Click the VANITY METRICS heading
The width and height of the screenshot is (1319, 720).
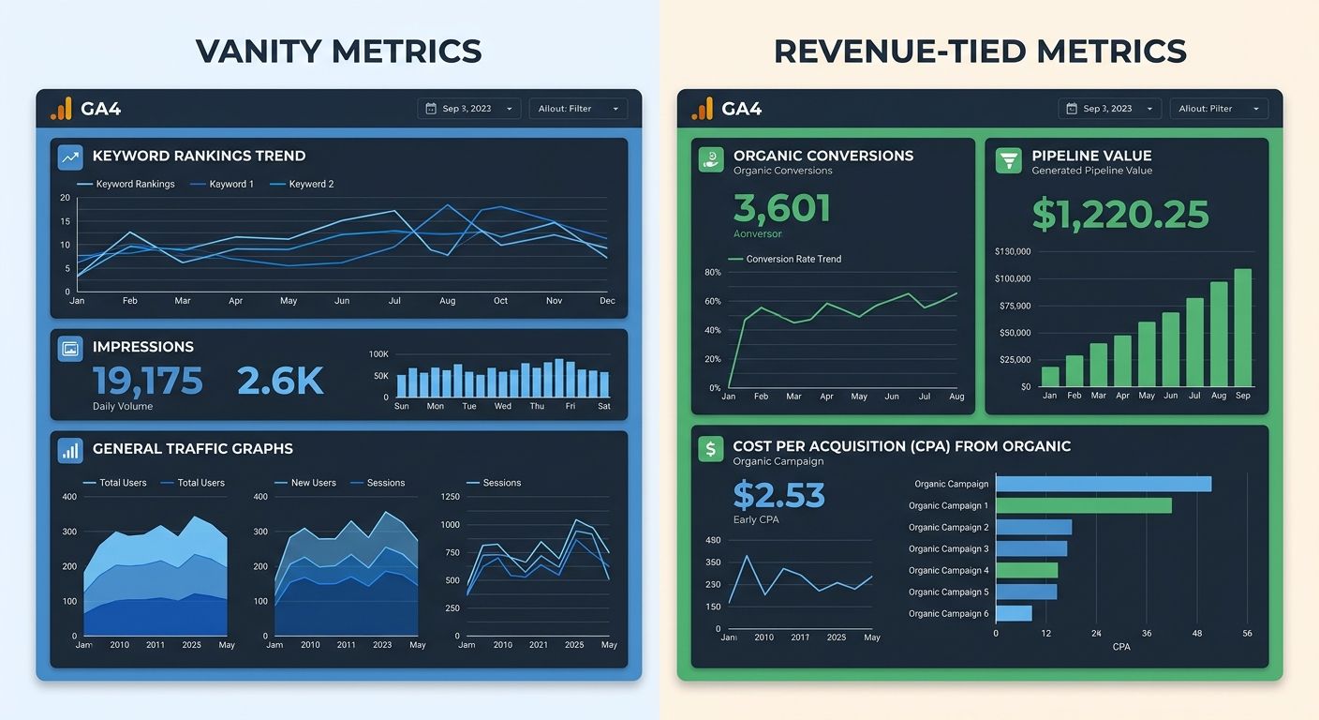pyautogui.click(x=338, y=51)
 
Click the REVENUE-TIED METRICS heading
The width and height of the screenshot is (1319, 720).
pyautogui.click(x=980, y=51)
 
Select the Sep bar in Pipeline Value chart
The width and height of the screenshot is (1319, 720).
pyautogui.click(x=1242, y=328)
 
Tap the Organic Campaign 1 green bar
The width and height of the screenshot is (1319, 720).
pyautogui.click(x=1083, y=505)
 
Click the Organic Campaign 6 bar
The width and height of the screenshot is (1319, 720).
pyautogui.click(x=1014, y=613)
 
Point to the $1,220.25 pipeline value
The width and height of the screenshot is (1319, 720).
pyautogui.click(x=1120, y=214)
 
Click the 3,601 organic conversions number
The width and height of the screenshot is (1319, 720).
pyautogui.click(x=782, y=208)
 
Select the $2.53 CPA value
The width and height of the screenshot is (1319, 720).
pyautogui.click(x=778, y=494)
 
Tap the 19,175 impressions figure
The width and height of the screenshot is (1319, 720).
pyautogui.click(x=148, y=381)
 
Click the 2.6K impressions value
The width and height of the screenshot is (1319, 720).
pyautogui.click(x=280, y=381)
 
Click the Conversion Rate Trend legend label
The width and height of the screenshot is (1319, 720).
pyautogui.click(x=793, y=259)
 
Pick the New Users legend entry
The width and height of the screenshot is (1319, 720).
pyautogui.click(x=313, y=483)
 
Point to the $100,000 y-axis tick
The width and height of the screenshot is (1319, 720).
pyautogui.click(x=1012, y=278)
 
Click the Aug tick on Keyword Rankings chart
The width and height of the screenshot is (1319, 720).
pyautogui.click(x=447, y=301)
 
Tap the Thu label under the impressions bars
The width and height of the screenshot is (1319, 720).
pyautogui.click(x=537, y=406)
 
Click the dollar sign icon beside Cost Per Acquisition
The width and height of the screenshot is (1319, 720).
pyautogui.click(x=711, y=449)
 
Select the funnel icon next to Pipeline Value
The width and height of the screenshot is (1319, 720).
pyautogui.click(x=1008, y=159)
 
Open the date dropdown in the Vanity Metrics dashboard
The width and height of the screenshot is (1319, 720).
pyautogui.click(x=469, y=109)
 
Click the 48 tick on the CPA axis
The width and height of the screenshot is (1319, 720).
pyautogui.click(x=1197, y=634)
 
